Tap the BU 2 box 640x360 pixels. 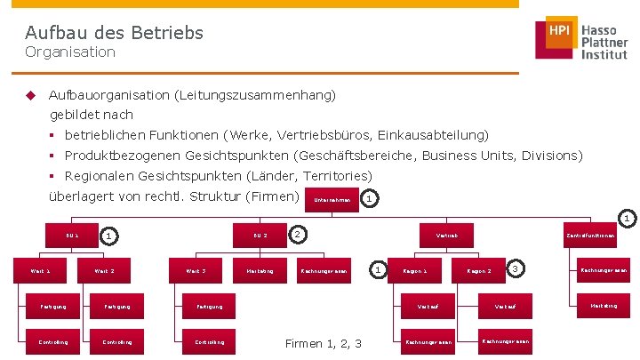260,236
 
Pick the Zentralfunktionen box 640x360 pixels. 590,236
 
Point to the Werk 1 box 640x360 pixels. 41,269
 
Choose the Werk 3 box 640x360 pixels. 196,269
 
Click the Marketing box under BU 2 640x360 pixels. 259,269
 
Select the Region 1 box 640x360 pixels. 415,269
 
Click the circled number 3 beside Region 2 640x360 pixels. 516,268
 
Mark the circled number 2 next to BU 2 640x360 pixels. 299,234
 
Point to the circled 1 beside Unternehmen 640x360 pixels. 370,199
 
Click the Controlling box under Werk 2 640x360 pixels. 117,341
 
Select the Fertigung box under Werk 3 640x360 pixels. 196,307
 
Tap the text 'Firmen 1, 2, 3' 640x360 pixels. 323,343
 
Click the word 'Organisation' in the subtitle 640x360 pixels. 70,52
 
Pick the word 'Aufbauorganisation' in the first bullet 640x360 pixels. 108,94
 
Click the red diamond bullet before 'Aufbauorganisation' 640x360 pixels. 29,94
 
